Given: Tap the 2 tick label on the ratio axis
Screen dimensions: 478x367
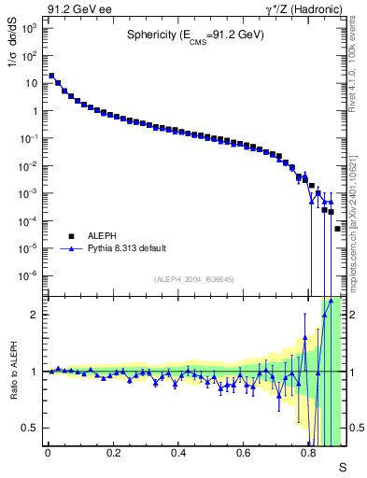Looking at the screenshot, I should (x=35, y=315).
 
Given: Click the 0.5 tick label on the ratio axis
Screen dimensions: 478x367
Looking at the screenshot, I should (x=31, y=428).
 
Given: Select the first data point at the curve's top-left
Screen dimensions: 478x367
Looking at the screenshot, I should (x=51, y=77).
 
